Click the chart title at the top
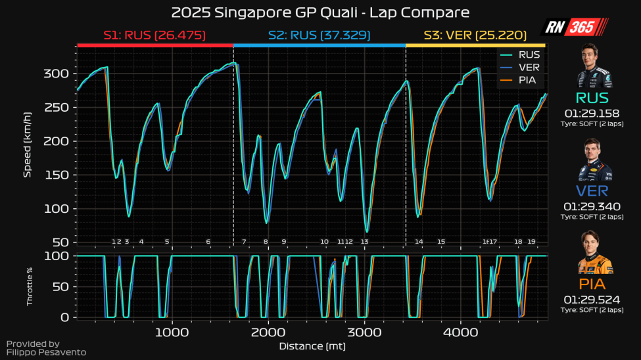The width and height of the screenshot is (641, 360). pos(320,12)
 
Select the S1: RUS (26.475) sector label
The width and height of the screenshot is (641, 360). pos(154,35)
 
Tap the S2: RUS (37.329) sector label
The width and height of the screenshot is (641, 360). pos(319,35)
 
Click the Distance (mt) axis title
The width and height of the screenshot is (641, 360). pos(312,346)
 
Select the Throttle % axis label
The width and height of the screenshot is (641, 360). pos(29,286)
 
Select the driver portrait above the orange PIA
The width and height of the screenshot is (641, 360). pos(594,254)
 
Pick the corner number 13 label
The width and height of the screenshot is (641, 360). pos(364,242)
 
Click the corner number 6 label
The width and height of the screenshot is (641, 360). pos(208,242)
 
